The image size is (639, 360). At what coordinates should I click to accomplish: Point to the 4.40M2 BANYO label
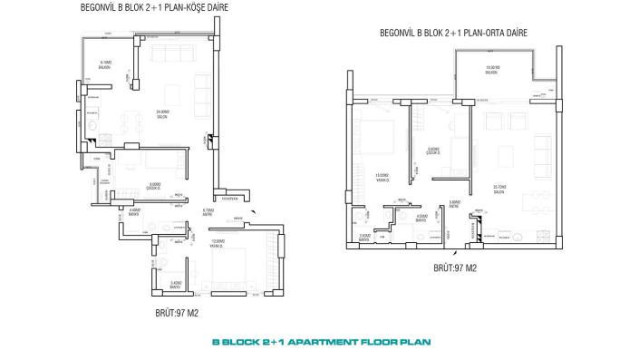pos(134,212)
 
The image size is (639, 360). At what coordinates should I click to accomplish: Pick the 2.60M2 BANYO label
pos(364,237)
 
